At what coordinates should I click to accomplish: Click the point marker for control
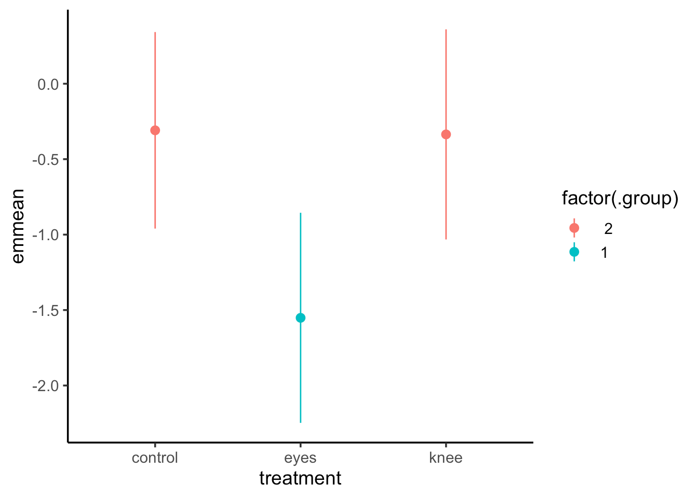tap(155, 130)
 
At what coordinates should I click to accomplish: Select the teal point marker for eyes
tap(300, 317)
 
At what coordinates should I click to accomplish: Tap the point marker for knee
tap(446, 134)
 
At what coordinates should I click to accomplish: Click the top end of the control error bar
tap(155, 33)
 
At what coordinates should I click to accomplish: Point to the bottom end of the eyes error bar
tap(300, 422)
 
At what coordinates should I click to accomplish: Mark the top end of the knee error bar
tap(446, 30)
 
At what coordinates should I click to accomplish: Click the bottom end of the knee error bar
tap(446, 239)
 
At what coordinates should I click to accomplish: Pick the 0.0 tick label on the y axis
tap(48, 84)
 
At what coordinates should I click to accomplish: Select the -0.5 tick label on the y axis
tap(46, 159)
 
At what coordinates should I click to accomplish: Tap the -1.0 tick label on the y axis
tap(46, 235)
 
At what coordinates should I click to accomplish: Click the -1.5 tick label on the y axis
tap(46, 310)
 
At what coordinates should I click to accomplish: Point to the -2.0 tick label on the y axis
tap(46, 386)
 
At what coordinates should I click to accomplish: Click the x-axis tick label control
tap(155, 458)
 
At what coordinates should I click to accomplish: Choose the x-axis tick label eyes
tap(300, 458)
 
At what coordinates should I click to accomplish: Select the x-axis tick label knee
tap(446, 458)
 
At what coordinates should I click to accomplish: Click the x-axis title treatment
tap(300, 478)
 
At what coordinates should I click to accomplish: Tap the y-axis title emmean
tap(18, 226)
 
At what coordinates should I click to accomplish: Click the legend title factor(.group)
tap(620, 199)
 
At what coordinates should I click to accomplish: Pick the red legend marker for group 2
tap(574, 228)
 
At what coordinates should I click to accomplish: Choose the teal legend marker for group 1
tap(574, 252)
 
